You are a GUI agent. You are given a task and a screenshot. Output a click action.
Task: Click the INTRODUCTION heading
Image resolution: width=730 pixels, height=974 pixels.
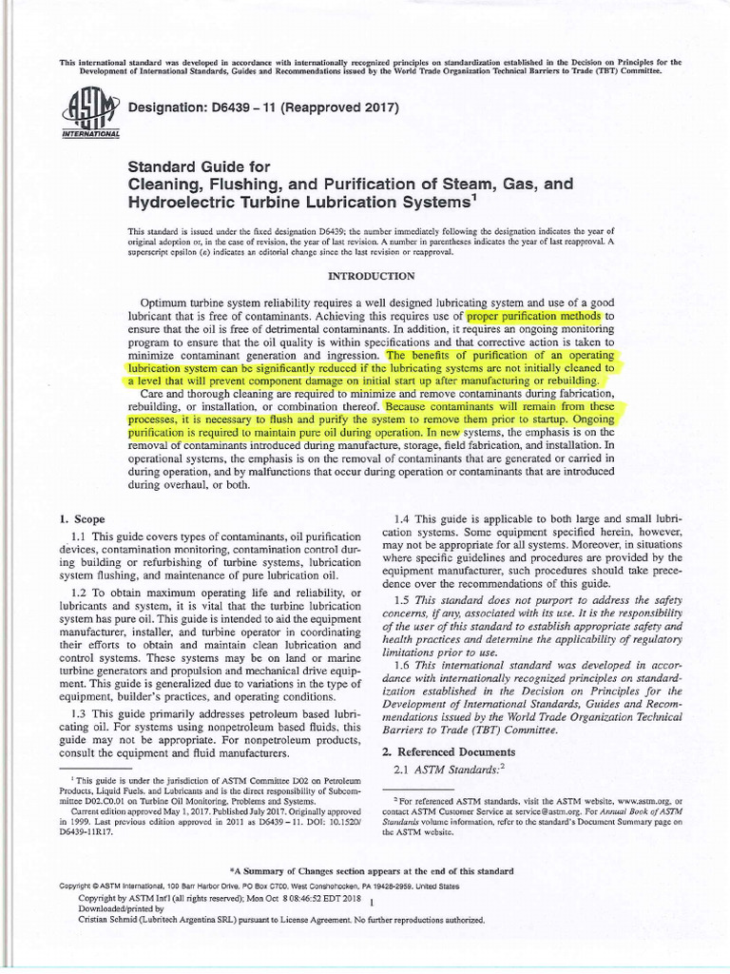pos(371,276)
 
